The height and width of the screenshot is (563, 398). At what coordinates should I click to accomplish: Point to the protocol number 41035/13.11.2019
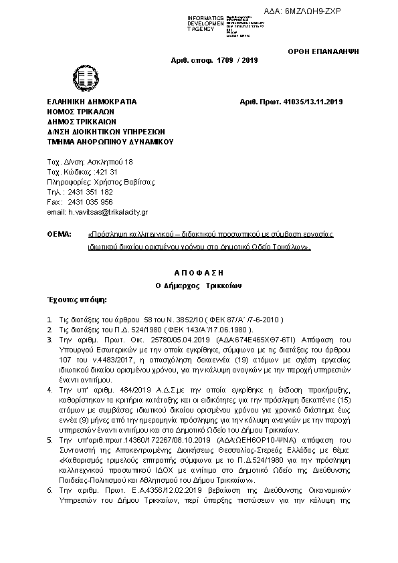click(x=310, y=102)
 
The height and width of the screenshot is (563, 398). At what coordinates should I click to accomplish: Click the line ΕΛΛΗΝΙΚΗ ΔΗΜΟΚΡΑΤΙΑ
click(x=92, y=102)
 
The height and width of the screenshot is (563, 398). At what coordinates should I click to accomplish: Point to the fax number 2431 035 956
click(x=91, y=202)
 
